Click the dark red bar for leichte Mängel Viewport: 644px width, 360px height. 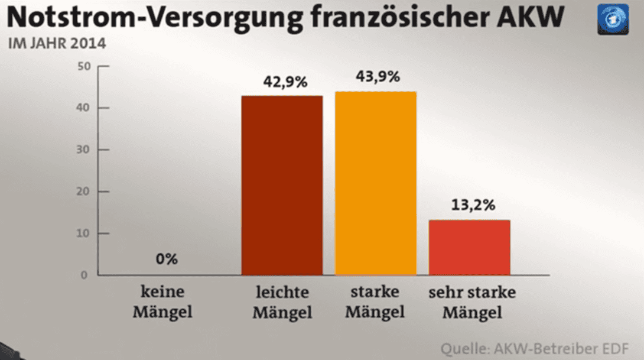click(282, 185)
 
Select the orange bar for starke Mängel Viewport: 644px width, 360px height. click(375, 183)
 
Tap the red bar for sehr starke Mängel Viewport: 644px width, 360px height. click(469, 247)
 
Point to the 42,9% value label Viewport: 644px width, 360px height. click(285, 82)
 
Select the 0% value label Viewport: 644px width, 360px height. click(167, 259)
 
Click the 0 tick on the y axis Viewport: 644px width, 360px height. click(84, 275)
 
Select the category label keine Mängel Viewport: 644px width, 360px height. click(162, 302)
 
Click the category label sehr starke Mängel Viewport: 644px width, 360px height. click(471, 302)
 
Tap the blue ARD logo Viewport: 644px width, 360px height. click(613, 19)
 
